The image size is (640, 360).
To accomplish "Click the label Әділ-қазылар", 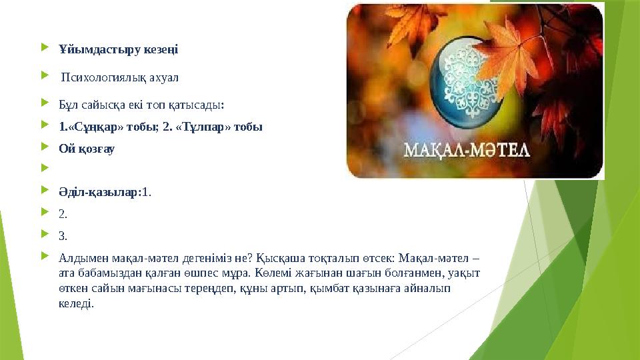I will point(99,192).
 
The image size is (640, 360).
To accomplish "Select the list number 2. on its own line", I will point(63,214).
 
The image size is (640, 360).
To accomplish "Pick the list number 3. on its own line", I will point(63,235).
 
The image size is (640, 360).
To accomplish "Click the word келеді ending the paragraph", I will point(75,303).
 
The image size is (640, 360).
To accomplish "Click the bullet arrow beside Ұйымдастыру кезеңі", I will point(45,49).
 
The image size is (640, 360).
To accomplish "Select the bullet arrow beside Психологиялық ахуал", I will point(45,77).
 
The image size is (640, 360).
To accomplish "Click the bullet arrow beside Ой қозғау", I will point(45,148).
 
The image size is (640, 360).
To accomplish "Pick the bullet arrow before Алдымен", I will point(45,257).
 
